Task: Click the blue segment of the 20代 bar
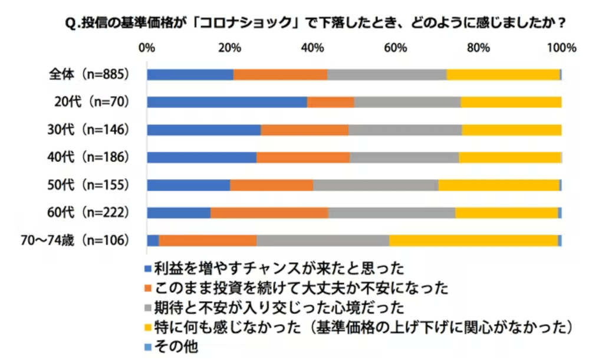pyautogui.click(x=227, y=102)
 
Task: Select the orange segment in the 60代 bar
pyautogui.click(x=269, y=213)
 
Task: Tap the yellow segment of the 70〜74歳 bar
pyautogui.click(x=473, y=240)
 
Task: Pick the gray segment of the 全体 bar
pyautogui.click(x=387, y=74)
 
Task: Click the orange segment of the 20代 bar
pyautogui.click(x=330, y=102)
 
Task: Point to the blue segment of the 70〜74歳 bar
pyautogui.click(x=153, y=240)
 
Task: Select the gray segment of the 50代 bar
pyautogui.click(x=376, y=185)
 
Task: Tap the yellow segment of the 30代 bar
pyautogui.click(x=511, y=130)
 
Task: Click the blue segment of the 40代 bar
pyautogui.click(x=202, y=157)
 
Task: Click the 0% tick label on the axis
pyautogui.click(x=146, y=48)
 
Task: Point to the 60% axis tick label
pyautogui.click(x=396, y=48)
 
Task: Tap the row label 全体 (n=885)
pyautogui.click(x=89, y=74)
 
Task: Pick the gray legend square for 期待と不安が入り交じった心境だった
pyautogui.click(x=149, y=308)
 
